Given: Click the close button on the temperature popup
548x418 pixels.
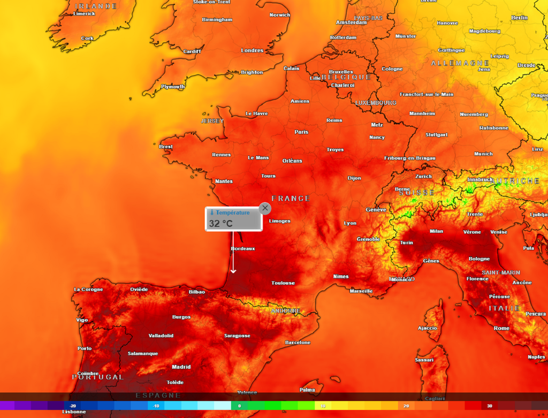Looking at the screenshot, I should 265,208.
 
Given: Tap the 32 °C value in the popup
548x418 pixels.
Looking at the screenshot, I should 220,223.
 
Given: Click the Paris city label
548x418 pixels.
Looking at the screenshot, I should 301,132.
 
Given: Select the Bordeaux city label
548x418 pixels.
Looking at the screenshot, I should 242,249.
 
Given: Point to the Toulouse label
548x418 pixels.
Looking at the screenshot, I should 283,283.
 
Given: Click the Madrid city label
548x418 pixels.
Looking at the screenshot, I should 181,367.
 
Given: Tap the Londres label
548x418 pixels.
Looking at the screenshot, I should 252,51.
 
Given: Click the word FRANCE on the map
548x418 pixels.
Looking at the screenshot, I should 291,199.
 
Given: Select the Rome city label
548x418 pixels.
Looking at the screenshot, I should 501,328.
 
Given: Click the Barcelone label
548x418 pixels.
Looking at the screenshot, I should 298,343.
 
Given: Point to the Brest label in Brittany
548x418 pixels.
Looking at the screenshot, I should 166,147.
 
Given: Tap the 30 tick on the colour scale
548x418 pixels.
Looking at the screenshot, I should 489,406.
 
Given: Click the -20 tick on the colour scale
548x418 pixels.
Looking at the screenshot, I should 73,406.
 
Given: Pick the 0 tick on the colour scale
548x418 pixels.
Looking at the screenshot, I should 239,406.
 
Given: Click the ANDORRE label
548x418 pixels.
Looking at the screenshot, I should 285,311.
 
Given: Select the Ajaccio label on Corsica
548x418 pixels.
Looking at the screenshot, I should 427,328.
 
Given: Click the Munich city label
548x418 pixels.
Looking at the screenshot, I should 483,154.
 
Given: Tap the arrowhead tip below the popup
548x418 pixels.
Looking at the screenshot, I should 233,272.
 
